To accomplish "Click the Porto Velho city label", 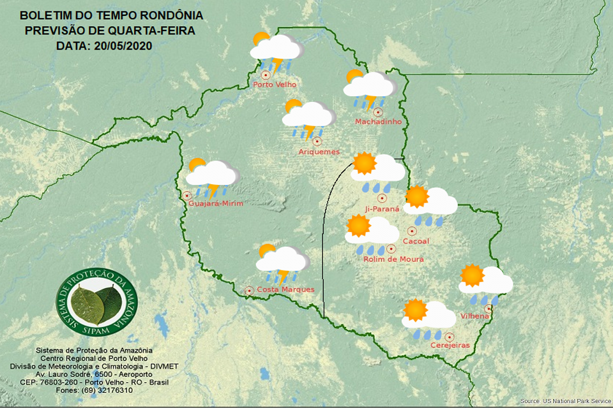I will (x=275, y=85).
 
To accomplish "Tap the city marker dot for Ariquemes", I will (x=317, y=142).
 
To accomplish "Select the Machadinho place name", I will (x=378, y=122).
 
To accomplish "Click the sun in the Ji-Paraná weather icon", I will (x=365, y=164).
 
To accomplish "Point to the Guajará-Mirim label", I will (x=216, y=203).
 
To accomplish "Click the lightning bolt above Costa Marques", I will (x=282, y=276).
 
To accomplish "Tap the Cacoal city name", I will (x=416, y=241).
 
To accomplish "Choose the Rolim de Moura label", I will (x=393, y=259).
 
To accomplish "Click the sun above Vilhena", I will (x=473, y=275).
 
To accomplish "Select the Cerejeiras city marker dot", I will (x=450, y=337).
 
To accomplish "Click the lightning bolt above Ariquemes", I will (x=310, y=133).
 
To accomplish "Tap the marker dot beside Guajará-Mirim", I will (x=187, y=196).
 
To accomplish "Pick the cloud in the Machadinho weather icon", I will (x=372, y=85).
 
